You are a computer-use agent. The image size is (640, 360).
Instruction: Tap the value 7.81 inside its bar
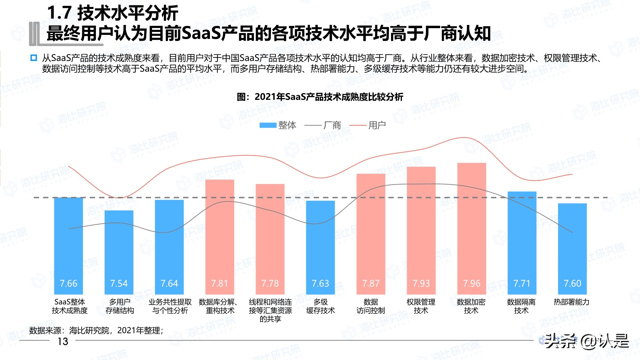220,284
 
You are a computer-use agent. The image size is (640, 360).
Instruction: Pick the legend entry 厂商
323,125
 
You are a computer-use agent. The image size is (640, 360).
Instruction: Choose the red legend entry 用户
368,125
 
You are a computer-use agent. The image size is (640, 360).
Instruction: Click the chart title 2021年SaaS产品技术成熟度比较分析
320,97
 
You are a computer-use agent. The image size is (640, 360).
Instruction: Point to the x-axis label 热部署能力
572,302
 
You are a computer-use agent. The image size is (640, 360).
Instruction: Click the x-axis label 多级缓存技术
320,306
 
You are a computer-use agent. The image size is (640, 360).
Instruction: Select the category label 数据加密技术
471,306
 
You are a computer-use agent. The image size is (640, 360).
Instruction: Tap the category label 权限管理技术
421,306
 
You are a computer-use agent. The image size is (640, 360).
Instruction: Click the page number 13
63,341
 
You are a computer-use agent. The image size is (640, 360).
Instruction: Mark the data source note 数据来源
96,330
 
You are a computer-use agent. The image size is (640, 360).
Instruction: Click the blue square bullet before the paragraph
34,58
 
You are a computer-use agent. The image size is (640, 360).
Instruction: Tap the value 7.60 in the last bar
572,284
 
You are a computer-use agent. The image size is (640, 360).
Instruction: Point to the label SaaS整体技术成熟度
69,306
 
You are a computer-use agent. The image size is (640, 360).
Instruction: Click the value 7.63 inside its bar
320,284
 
